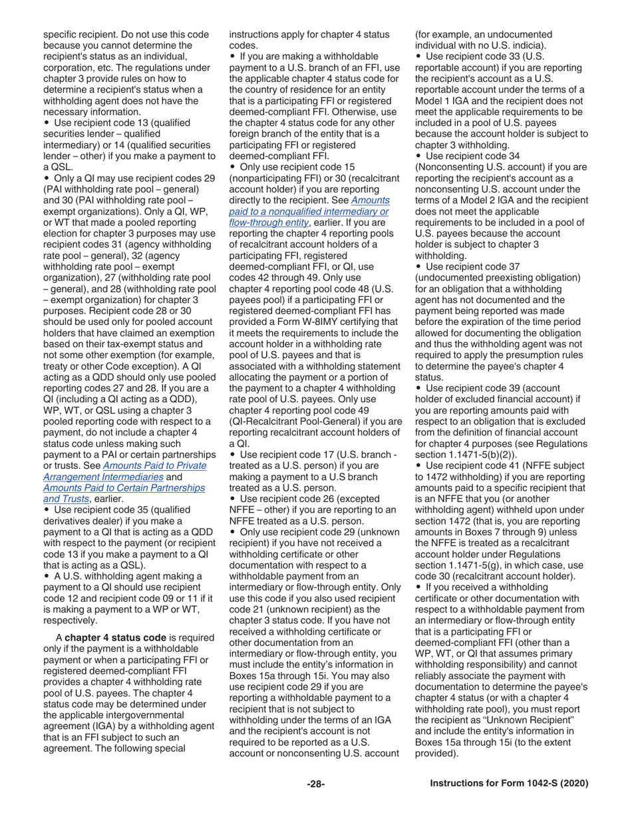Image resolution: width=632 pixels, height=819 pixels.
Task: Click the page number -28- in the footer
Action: pos(315,784)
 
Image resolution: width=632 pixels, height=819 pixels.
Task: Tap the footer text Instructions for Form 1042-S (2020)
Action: pos(509,784)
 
